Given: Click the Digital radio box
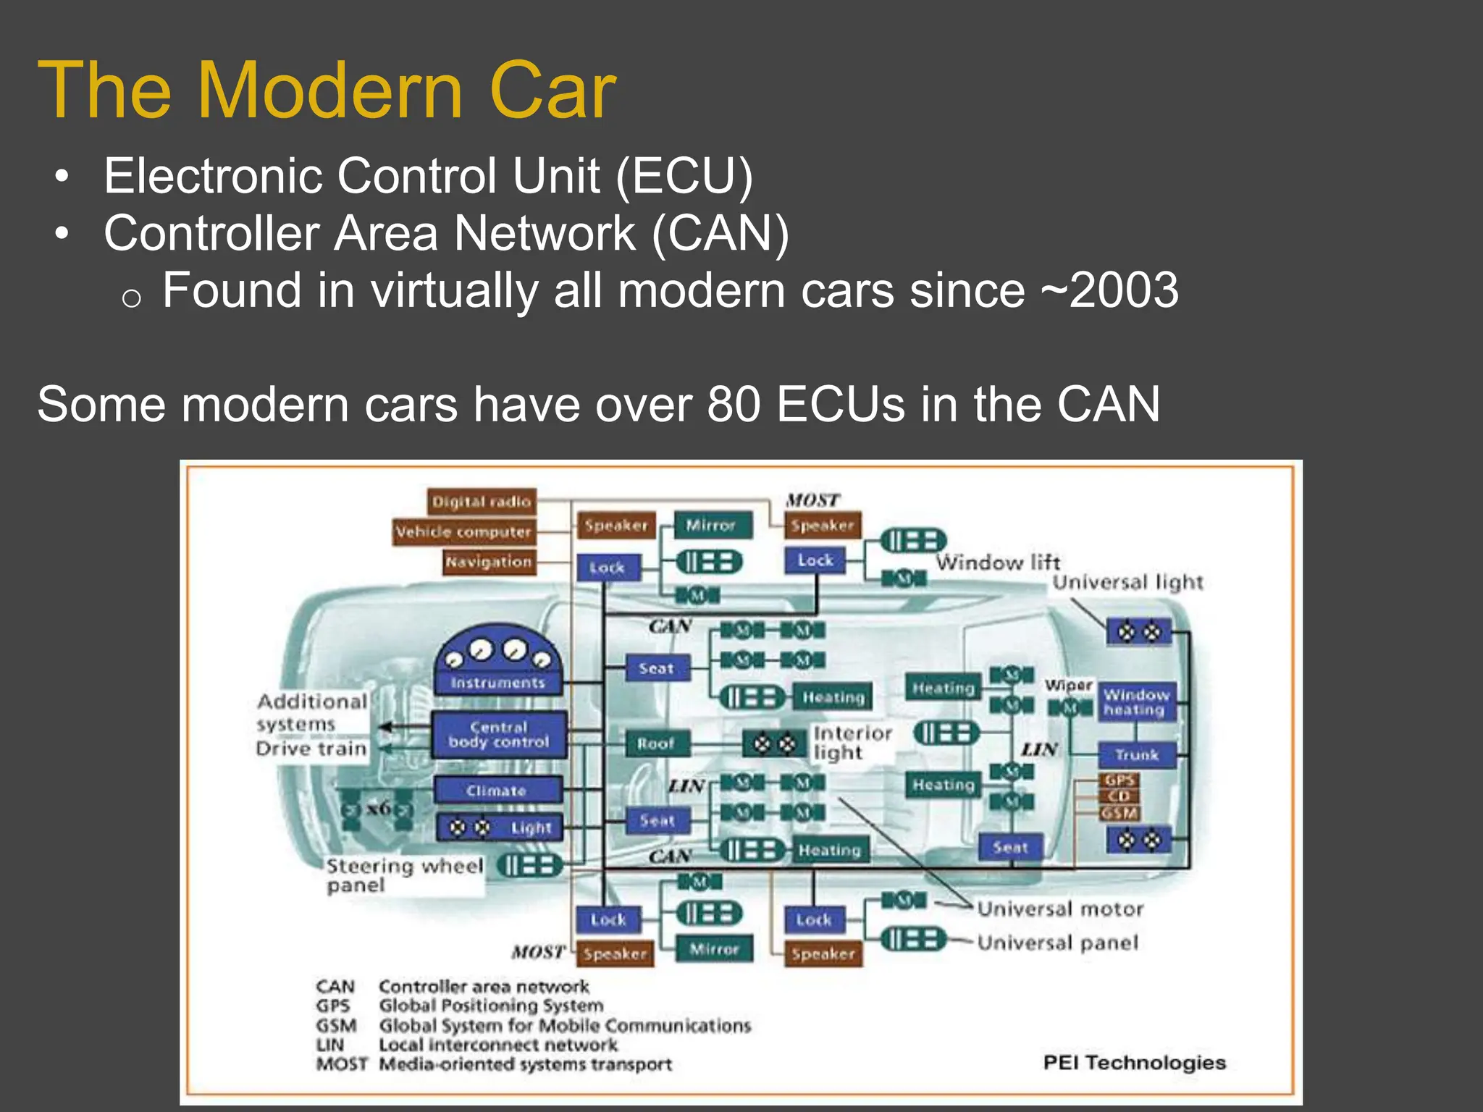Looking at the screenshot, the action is click(482, 502).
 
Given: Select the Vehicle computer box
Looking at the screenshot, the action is click(463, 532).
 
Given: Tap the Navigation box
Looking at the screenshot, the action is click(490, 562).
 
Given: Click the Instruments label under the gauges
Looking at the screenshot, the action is click(497, 683).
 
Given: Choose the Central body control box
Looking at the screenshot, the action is click(499, 735).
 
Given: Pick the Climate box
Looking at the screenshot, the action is click(497, 791).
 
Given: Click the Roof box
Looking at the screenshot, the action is click(656, 744).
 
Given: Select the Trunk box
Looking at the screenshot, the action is click(1137, 755).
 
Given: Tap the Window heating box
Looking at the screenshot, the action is click(1135, 702).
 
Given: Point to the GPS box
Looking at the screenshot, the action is click(1119, 780).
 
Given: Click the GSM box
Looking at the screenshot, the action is click(1119, 813).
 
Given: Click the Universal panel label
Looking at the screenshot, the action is click(1058, 943).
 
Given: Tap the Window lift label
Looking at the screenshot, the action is click(998, 563).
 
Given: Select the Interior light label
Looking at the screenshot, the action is click(852, 743).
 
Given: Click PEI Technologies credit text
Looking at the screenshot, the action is click(1134, 1063).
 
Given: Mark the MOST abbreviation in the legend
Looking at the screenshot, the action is click(341, 1064).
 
